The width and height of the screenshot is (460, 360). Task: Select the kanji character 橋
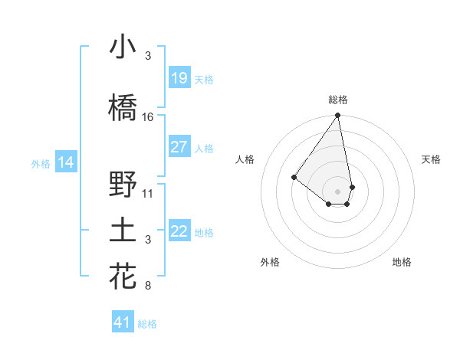(x=123, y=109)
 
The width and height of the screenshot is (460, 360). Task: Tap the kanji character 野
(x=123, y=185)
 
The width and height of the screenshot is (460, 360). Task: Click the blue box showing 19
(x=179, y=78)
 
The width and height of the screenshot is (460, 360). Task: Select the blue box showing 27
(x=179, y=147)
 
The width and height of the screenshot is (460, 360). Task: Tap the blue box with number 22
(x=179, y=231)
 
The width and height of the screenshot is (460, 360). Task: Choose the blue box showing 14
(x=66, y=162)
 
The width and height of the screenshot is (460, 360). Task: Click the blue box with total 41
(x=123, y=322)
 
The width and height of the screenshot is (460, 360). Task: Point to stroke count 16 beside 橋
(x=148, y=117)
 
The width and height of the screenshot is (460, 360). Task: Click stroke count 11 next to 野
(x=148, y=194)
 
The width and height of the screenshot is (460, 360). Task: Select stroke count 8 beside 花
(x=148, y=286)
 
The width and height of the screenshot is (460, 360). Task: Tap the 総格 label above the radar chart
(x=338, y=100)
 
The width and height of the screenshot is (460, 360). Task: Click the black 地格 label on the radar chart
(x=402, y=262)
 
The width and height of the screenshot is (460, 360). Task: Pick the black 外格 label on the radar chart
(x=270, y=262)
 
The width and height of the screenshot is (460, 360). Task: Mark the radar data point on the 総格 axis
(x=337, y=116)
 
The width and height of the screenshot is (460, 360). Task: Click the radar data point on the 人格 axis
(x=294, y=177)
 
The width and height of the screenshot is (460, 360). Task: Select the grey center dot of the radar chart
(x=337, y=191)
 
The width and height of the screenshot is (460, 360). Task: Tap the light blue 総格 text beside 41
(x=147, y=324)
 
